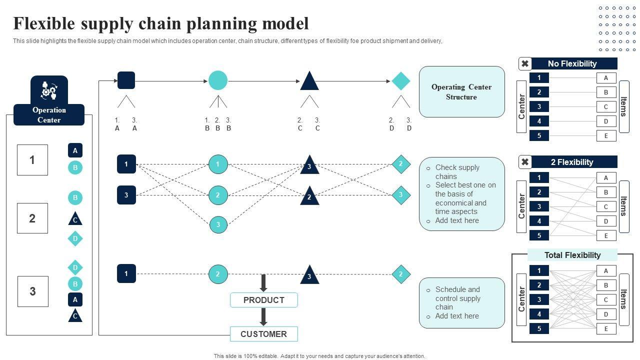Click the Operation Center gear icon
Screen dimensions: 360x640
(49, 91)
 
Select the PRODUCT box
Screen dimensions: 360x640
(263, 300)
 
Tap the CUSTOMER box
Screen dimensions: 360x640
(263, 334)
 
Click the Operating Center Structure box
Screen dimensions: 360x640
(461, 92)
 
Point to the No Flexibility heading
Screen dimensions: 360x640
(572, 63)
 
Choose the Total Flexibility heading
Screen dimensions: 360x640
(572, 255)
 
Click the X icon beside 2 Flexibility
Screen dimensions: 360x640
(525, 162)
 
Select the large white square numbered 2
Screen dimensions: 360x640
(32, 218)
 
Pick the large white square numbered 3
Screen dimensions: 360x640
(32, 291)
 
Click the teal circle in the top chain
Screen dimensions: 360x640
(218, 80)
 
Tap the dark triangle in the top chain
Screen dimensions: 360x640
(309, 81)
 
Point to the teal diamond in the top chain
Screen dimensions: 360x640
(400, 81)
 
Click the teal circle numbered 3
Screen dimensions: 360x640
(218, 225)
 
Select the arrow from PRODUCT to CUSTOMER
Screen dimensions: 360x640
(263, 316)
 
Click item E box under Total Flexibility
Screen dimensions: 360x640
(606, 328)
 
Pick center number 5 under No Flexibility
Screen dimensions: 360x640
(539, 135)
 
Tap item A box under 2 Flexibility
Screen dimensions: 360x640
(606, 177)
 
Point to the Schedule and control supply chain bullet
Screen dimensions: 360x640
(457, 298)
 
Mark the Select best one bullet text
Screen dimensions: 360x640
(465, 198)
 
